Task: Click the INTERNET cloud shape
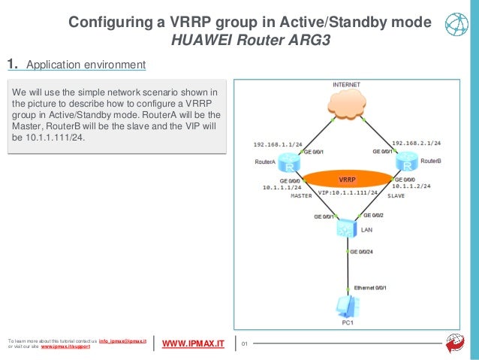tap(347, 110)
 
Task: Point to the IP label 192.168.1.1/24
tap(279, 141)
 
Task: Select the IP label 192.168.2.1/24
tap(416, 141)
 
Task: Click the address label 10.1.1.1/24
tap(282, 188)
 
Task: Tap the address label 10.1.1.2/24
tap(411, 188)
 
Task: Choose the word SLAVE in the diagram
tap(396, 196)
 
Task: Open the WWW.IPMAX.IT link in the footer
tap(193, 344)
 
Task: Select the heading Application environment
tap(86, 65)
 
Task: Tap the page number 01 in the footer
tap(252, 344)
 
